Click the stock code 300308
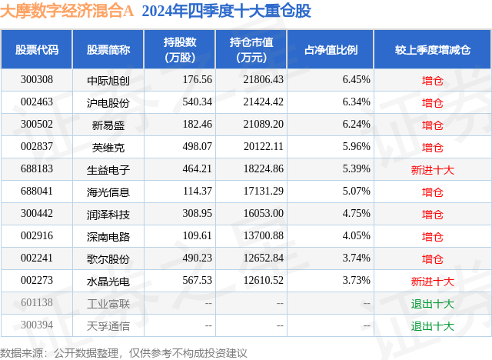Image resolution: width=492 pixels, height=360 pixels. (x=37, y=80)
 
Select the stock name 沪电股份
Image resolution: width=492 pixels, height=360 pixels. (x=108, y=102)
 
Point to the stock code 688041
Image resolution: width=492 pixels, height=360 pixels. (x=37, y=192)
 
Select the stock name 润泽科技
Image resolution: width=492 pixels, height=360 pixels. (x=108, y=214)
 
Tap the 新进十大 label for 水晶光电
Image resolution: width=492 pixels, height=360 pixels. (x=433, y=281)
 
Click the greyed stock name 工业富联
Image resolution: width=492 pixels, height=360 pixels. (x=108, y=303)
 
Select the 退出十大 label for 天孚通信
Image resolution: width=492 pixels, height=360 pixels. (x=433, y=325)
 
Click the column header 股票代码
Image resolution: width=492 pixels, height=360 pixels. (x=37, y=50)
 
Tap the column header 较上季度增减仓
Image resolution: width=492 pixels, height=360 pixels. (x=433, y=50)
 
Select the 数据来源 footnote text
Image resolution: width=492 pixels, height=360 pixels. (x=124, y=352)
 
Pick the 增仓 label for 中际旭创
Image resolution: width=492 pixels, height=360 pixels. (x=433, y=80)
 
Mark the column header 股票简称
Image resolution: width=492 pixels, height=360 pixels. (x=108, y=50)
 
